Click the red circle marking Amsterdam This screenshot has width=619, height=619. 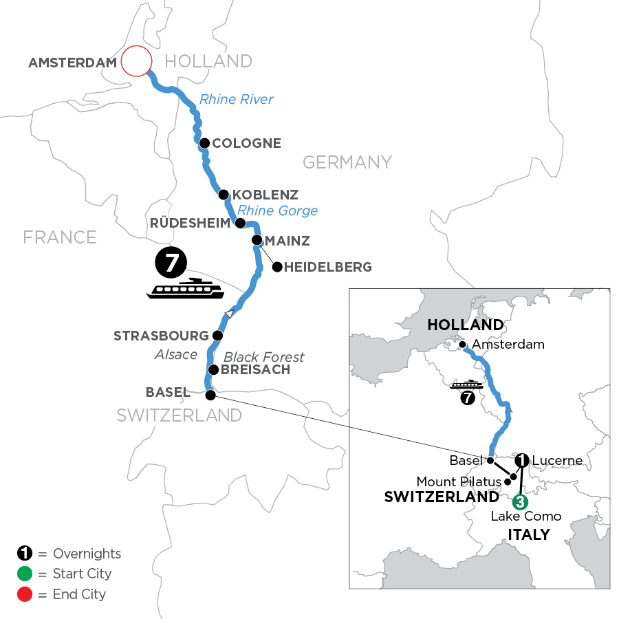click(x=135, y=61)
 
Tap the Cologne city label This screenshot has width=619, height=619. click(x=247, y=144)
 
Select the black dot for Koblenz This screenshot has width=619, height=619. click(x=224, y=194)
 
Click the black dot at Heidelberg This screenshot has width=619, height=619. click(x=277, y=266)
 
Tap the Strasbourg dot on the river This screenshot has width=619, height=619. click(x=217, y=336)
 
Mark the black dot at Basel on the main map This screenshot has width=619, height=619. click(x=210, y=395)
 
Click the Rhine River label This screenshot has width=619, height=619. click(x=237, y=100)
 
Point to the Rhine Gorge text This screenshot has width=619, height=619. click(x=278, y=210)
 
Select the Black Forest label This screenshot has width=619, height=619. click(x=264, y=357)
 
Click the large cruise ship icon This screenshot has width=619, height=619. click(x=185, y=289)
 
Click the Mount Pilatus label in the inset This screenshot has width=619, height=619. click(x=458, y=481)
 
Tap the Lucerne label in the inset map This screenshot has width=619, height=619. click(x=557, y=460)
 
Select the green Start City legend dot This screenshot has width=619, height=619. click(x=25, y=574)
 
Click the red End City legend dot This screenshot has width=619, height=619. click(x=25, y=594)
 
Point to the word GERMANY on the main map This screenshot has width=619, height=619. click(x=347, y=162)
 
